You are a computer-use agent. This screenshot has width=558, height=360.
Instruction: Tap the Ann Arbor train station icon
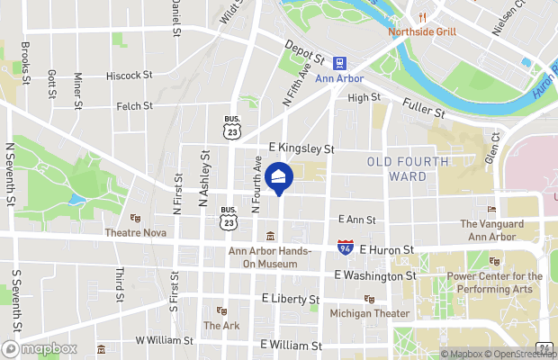340,63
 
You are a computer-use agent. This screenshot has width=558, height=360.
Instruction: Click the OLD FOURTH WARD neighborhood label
408,168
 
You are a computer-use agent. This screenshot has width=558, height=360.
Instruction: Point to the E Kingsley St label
301,148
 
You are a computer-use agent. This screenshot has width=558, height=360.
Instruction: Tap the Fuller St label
424,108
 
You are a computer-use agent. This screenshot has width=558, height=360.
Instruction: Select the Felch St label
135,106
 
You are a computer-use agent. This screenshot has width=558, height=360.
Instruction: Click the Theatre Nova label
137,231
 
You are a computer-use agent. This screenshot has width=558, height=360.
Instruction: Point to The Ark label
221,325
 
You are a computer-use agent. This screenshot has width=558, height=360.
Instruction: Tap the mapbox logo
39,348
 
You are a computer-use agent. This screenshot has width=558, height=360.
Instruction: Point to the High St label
364,97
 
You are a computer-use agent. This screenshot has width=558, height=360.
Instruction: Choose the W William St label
164,341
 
